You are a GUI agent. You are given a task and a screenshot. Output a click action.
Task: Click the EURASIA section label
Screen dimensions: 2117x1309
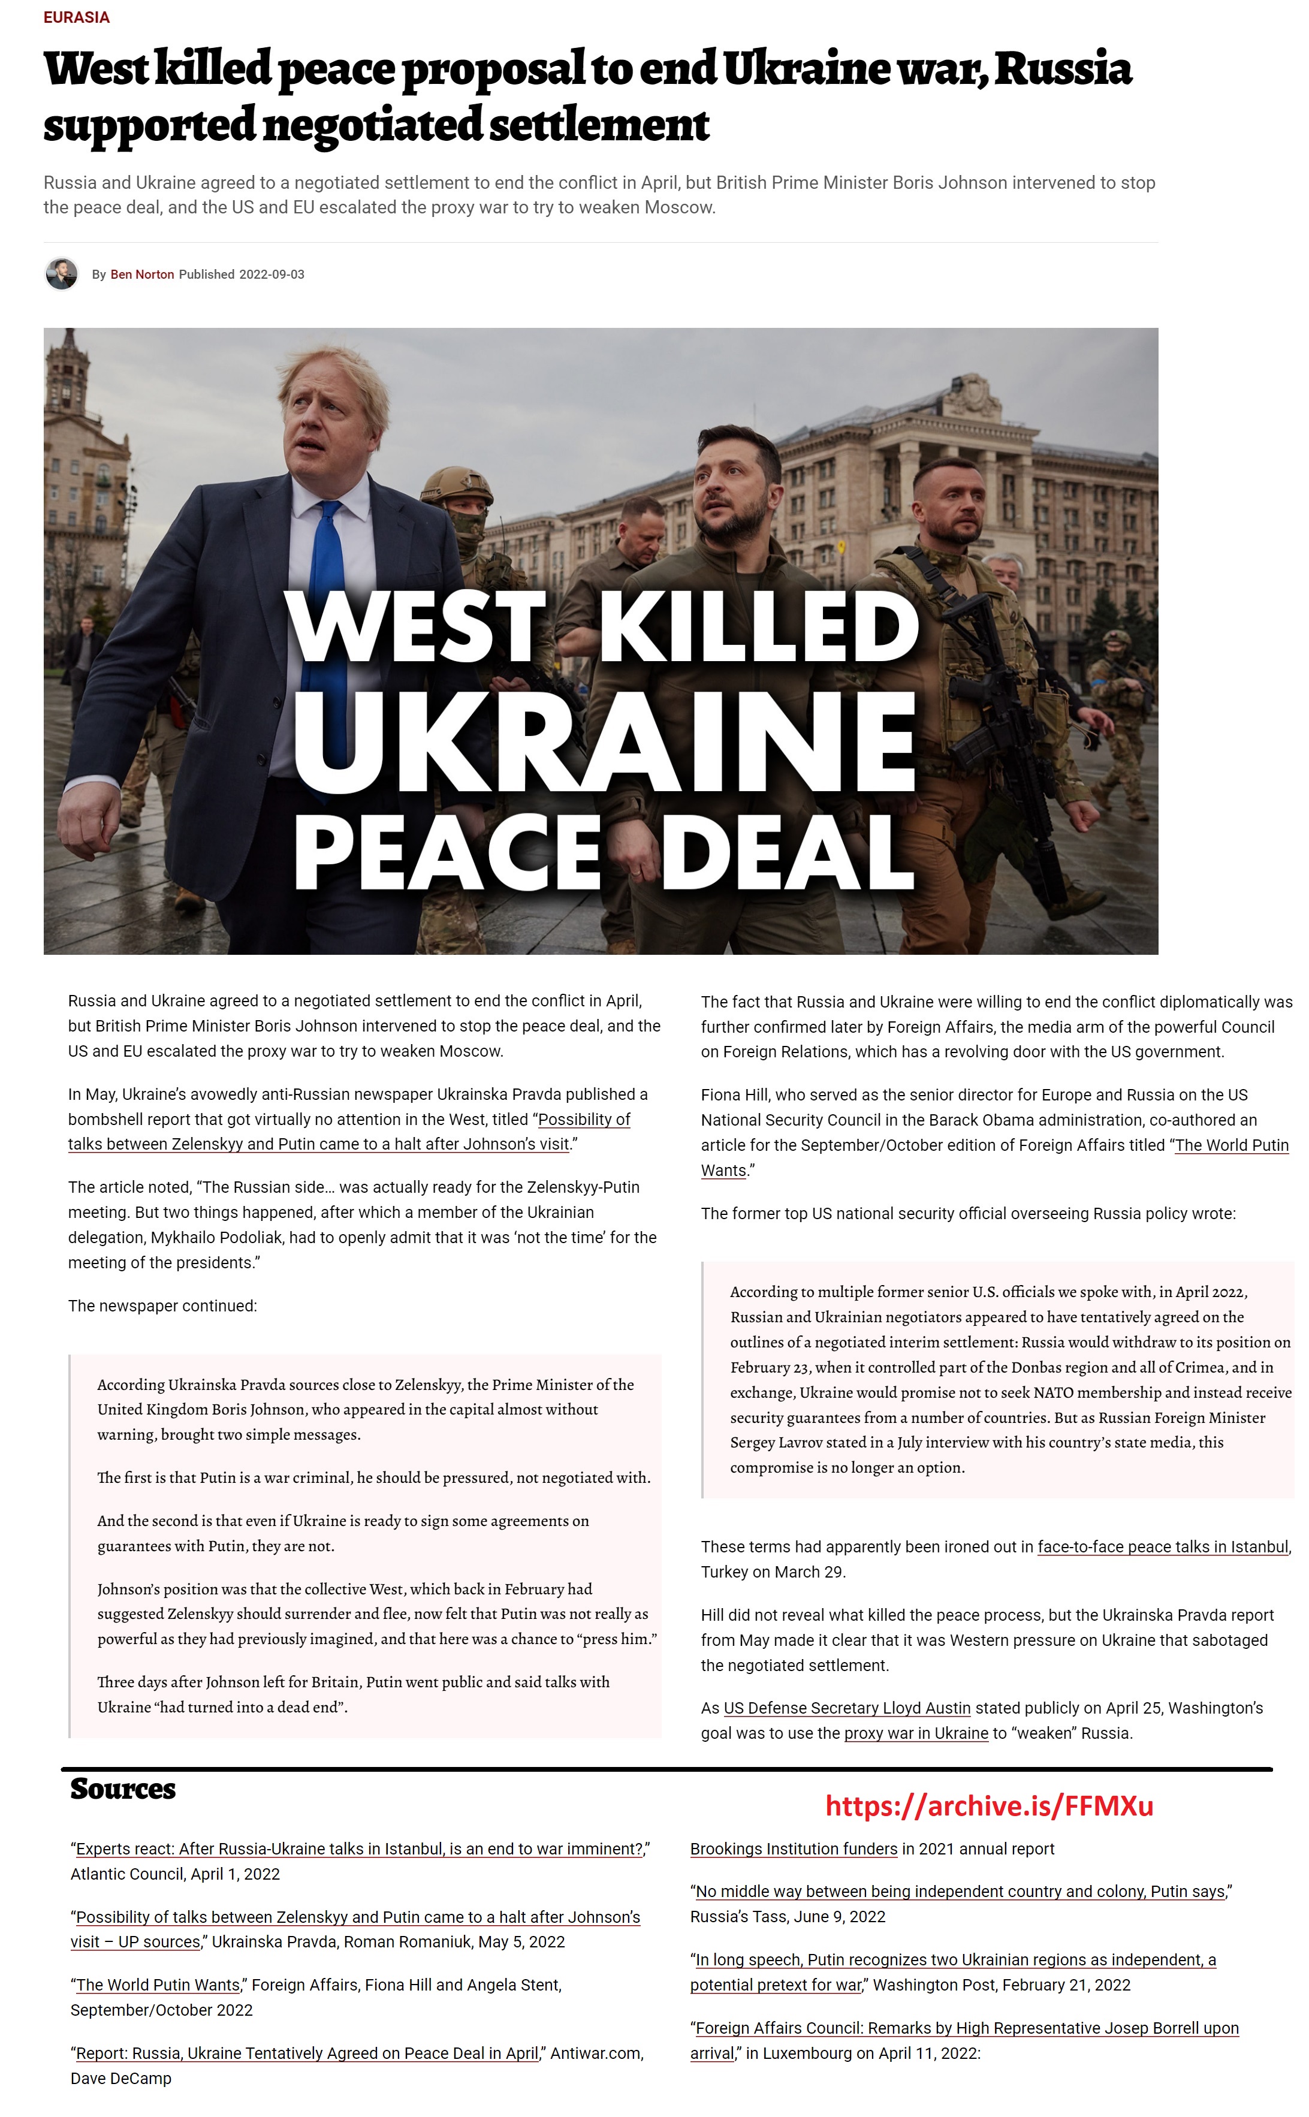[x=76, y=17]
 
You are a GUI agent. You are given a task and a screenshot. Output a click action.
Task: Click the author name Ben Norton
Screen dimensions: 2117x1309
[x=142, y=275]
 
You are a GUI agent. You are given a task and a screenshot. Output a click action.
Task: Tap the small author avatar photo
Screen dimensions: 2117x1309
[x=62, y=273]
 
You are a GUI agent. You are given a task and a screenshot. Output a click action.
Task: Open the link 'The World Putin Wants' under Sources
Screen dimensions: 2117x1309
[x=158, y=1985]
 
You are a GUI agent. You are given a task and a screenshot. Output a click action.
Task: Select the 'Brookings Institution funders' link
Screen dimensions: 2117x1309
[x=793, y=1848]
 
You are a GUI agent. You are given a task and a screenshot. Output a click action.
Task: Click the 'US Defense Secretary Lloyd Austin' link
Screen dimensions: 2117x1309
[x=847, y=1708]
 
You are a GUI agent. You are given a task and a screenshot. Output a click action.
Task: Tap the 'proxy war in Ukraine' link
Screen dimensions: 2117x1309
[x=915, y=1733]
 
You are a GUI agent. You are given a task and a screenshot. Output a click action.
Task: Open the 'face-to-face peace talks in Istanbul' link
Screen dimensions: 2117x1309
[x=1163, y=1546]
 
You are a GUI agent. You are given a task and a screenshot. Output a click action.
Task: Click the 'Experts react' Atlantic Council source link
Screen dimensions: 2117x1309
[x=359, y=1848]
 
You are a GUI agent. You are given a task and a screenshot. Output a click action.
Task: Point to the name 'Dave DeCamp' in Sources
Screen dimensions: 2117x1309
[x=120, y=2078]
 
